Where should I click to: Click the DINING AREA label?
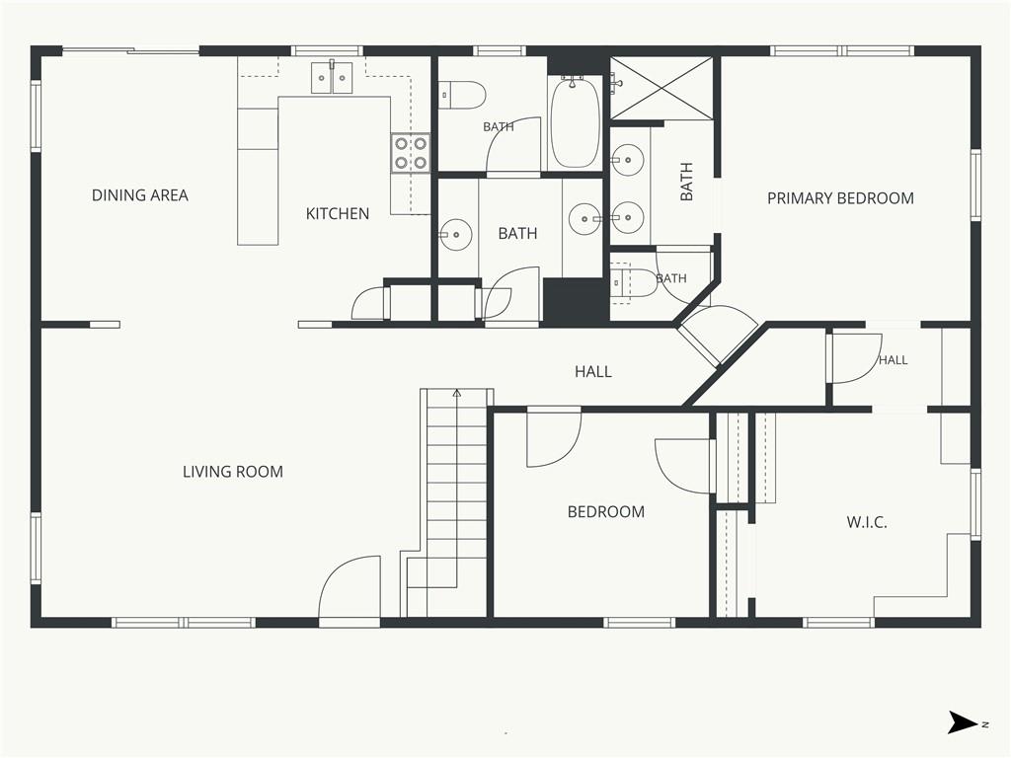[140, 195]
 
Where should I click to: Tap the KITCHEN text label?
[338, 213]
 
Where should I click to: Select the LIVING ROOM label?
[233, 471]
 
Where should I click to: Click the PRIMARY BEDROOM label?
[840, 197]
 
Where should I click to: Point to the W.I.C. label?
[867, 521]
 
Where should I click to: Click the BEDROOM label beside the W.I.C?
[606, 512]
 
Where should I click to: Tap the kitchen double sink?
[332, 77]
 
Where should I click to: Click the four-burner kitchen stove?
[410, 153]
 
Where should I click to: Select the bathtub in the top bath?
[575, 121]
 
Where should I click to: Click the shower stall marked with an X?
[661, 88]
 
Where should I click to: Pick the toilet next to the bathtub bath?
[461, 95]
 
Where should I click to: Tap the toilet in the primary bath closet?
[633, 283]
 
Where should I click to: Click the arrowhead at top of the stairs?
[457, 392]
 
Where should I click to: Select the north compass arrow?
[964, 721]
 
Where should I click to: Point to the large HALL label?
[593, 371]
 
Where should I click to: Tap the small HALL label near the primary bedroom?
[893, 360]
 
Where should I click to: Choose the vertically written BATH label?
[687, 182]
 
